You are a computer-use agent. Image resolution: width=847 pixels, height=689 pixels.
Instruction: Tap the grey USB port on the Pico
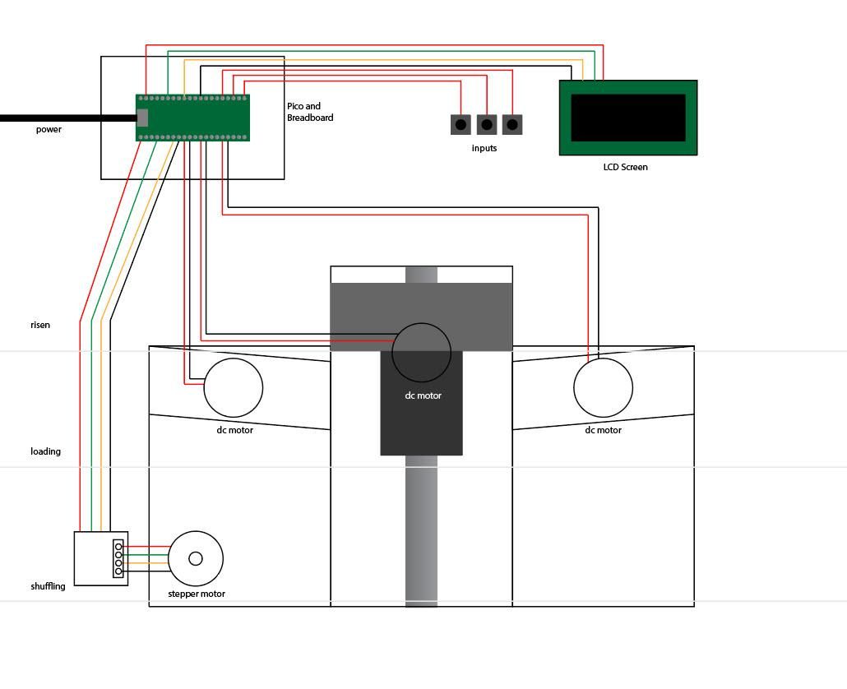pyautogui.click(x=142, y=118)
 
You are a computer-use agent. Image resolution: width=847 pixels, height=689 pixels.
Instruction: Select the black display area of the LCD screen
pyautogui.click(x=628, y=118)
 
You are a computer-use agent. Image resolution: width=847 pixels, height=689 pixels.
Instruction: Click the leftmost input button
pyautogui.click(x=461, y=125)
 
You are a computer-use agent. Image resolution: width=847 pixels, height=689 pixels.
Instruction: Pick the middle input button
pyautogui.click(x=487, y=125)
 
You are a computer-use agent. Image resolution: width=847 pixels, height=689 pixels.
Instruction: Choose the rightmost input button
pyautogui.click(x=512, y=125)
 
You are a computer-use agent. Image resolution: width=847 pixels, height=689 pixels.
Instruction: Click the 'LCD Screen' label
pyautogui.click(x=625, y=167)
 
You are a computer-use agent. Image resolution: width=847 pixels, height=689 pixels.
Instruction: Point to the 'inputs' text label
pyautogui.click(x=484, y=148)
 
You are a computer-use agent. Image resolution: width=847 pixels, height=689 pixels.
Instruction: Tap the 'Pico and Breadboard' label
pyautogui.click(x=309, y=112)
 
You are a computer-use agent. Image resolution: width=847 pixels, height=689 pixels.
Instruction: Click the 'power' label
pyautogui.click(x=49, y=129)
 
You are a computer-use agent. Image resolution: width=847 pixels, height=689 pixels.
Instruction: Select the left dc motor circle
pyautogui.click(x=234, y=387)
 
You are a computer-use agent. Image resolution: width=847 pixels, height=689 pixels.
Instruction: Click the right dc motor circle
pyautogui.click(x=603, y=387)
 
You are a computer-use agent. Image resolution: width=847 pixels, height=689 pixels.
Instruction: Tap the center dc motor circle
pyautogui.click(x=422, y=352)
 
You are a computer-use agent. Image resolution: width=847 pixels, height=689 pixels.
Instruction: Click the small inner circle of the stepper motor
pyautogui.click(x=196, y=559)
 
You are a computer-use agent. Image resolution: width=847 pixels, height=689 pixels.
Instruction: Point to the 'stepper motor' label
pyautogui.click(x=197, y=594)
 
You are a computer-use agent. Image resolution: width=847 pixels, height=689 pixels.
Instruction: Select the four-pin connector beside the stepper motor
pyautogui.click(x=118, y=559)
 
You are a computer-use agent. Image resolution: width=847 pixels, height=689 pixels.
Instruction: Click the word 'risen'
pyautogui.click(x=40, y=325)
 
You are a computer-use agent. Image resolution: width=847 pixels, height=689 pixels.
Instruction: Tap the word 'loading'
pyautogui.click(x=46, y=451)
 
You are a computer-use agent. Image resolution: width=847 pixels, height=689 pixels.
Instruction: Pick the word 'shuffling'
pyautogui.click(x=48, y=586)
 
